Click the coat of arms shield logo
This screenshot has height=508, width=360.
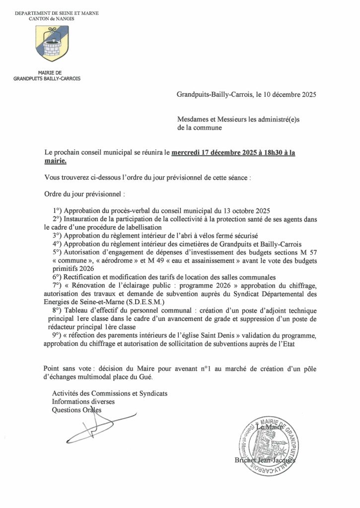(x=52, y=43)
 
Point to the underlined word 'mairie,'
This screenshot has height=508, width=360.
(x=55, y=161)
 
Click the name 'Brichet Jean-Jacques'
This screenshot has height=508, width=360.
(x=265, y=460)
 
